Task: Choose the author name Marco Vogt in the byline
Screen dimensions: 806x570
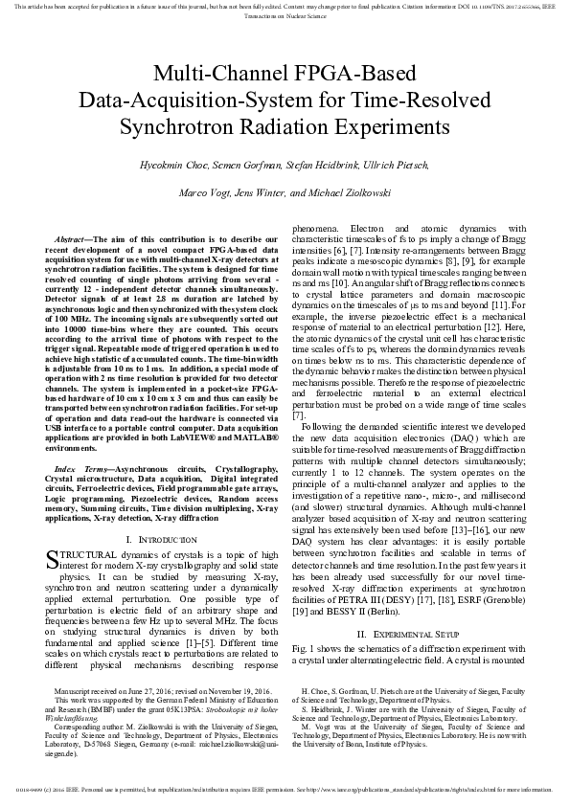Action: (x=204, y=192)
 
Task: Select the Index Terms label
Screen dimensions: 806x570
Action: (x=79, y=468)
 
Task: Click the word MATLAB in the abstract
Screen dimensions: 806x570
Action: (x=251, y=437)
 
